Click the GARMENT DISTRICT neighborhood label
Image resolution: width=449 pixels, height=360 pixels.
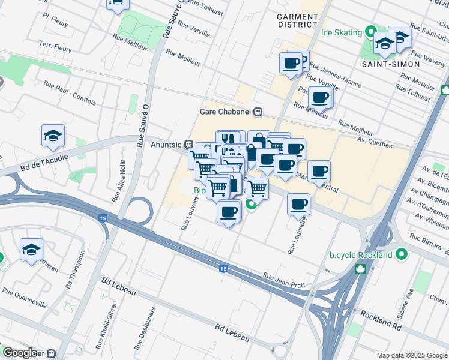[x=298, y=20]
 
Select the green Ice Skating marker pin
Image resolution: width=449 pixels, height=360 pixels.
[x=372, y=32]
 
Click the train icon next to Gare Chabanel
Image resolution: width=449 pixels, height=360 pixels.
[x=258, y=111]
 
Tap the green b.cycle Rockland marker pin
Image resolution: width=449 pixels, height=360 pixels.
[x=400, y=255]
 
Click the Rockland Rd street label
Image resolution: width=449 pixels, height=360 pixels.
[x=381, y=319]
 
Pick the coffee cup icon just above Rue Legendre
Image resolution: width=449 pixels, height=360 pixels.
[x=298, y=205]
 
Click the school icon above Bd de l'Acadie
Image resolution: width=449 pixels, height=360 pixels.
[x=53, y=136]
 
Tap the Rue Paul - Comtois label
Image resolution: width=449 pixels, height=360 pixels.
[x=70, y=90]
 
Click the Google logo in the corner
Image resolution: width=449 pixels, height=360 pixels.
[x=20, y=353]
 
